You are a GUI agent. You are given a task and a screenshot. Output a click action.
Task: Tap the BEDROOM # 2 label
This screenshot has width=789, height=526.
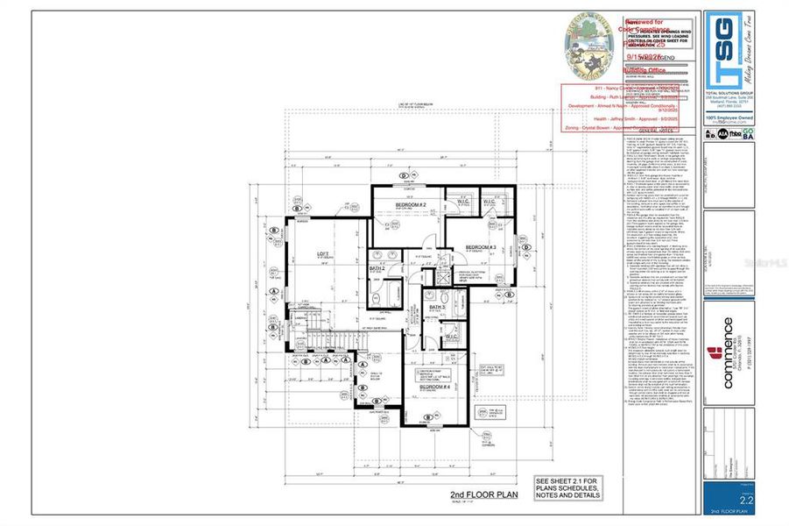point(410,205)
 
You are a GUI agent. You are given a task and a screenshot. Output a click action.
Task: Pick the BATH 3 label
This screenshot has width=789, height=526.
point(438,308)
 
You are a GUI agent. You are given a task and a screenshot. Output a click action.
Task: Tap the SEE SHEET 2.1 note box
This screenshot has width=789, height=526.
point(573,488)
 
